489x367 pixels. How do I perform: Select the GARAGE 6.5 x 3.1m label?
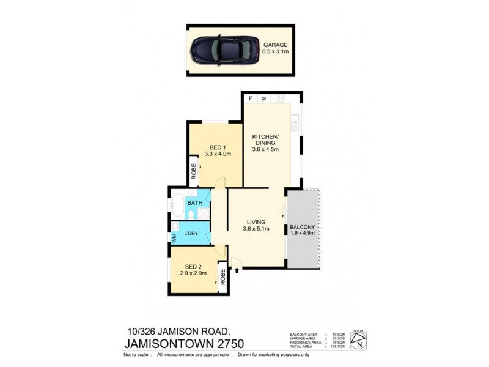click(x=275, y=48)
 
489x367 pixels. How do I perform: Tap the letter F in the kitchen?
click(x=250, y=98)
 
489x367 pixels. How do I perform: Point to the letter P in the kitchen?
click(x=264, y=98)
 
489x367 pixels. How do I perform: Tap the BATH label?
click(x=194, y=202)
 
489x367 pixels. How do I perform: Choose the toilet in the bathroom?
click(x=193, y=214)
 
